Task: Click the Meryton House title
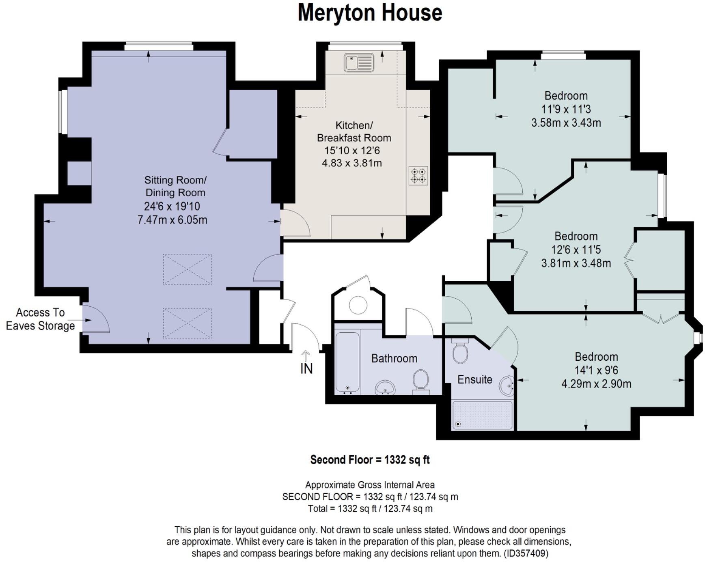(370, 13)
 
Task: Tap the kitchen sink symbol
(359, 62)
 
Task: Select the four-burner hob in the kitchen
(418, 176)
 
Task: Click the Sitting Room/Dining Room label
(175, 186)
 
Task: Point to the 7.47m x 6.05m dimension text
(172, 220)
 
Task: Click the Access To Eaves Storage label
(40, 319)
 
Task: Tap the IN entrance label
(306, 368)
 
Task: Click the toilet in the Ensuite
(460, 353)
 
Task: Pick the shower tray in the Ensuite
(482, 415)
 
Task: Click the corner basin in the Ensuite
(507, 385)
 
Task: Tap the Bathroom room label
(394, 358)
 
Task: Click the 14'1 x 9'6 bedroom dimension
(596, 370)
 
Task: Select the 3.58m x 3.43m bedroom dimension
(566, 123)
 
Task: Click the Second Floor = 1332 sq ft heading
(370, 460)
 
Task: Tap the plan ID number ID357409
(526, 553)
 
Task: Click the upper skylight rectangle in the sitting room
(187, 269)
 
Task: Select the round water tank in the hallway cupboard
(358, 305)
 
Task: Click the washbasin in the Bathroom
(385, 387)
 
